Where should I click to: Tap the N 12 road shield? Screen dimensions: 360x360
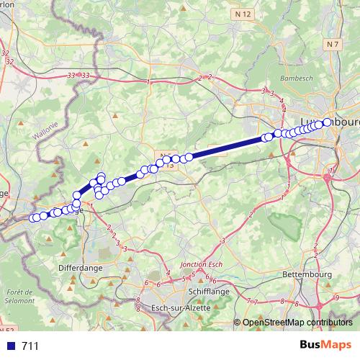(x=245, y=14)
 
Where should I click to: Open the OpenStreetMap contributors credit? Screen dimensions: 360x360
(x=297, y=323)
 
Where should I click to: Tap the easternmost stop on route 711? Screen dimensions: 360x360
(x=328, y=122)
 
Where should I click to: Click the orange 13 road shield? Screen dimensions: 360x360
(x=171, y=166)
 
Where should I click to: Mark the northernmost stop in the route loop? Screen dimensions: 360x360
(x=100, y=176)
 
